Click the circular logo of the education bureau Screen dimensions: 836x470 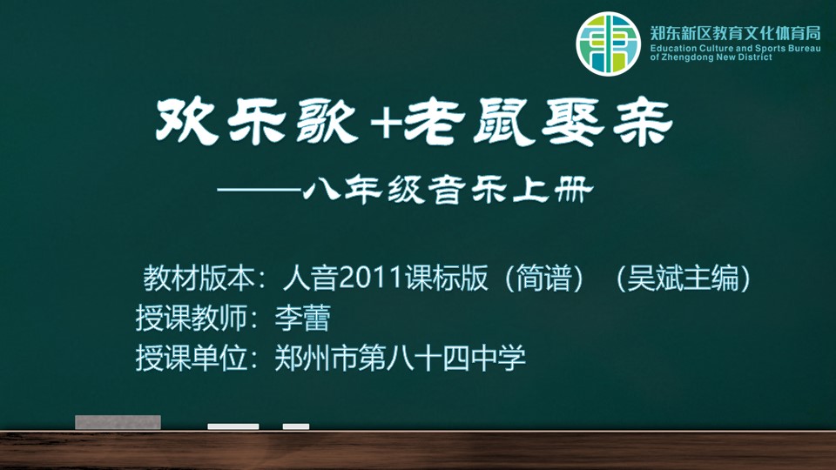(608, 44)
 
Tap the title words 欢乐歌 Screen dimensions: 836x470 (257, 121)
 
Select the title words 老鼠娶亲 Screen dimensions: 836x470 (539, 122)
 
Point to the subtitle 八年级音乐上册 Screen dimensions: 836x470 (448, 191)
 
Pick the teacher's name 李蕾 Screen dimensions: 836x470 (303, 319)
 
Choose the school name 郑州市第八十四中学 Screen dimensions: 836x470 (401, 358)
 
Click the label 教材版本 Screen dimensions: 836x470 (199, 278)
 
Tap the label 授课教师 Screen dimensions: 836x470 (191, 319)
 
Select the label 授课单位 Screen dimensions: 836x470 (191, 358)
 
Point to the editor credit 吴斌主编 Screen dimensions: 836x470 (683, 278)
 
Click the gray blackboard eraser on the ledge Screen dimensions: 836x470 (118, 422)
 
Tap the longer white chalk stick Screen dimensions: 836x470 (233, 426)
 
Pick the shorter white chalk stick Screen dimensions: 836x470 (296, 426)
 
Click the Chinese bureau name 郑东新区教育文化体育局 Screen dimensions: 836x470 (735, 34)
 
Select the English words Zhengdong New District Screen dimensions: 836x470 (717, 57)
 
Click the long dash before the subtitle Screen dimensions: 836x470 (260, 190)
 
